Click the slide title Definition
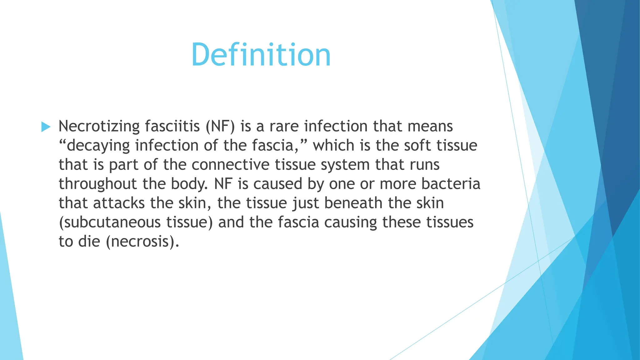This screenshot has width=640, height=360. pyautogui.click(x=261, y=55)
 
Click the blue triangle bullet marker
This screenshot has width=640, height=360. pyautogui.click(x=46, y=127)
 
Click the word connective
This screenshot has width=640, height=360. pyautogui.click(x=230, y=165)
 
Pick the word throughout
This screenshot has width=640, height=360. pyautogui.click(x=98, y=184)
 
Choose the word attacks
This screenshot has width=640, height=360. pyautogui.click(x=119, y=203)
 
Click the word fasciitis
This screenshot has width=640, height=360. pyautogui.click(x=172, y=126)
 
